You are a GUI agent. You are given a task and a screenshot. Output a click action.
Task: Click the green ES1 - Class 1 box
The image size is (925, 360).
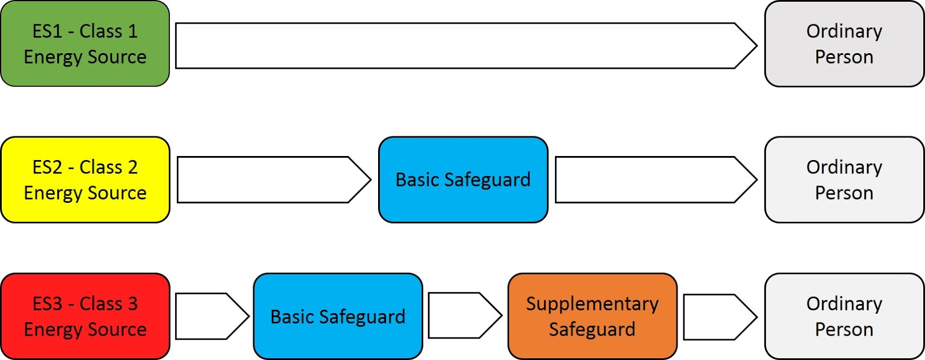[85, 43]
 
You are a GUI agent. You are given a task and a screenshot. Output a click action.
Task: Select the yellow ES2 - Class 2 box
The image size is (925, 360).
[85, 180]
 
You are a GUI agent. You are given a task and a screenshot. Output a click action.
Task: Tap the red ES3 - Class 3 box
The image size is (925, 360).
[85, 316]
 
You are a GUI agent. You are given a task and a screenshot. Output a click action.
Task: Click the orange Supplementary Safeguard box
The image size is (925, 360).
[592, 316]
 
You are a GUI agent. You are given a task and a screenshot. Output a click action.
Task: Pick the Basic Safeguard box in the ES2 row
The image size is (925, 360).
[462, 180]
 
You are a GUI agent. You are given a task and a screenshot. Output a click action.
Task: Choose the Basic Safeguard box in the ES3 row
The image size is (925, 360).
[338, 316]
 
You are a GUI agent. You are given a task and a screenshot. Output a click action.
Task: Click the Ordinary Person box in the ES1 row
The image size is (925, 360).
[844, 43]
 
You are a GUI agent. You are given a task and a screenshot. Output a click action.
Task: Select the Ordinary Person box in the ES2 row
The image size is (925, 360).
[844, 180]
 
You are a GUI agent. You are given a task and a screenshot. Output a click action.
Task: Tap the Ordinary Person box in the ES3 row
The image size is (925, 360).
[844, 316]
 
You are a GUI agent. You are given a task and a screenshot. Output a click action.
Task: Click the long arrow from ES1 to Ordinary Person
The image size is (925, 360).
[457, 46]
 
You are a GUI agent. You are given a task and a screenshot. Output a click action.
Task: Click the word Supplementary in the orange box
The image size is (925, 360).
[592, 304]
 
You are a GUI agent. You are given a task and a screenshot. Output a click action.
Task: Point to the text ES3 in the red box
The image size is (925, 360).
[47, 304]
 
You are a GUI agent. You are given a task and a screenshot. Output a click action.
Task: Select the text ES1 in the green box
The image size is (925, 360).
[47, 31]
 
